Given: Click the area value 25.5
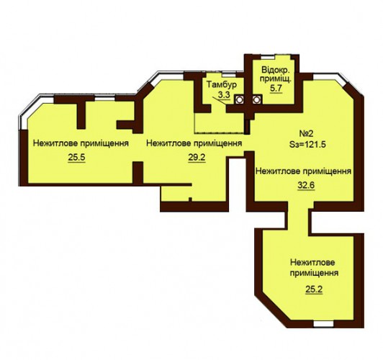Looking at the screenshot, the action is pos(77,158).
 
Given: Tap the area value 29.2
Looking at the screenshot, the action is pos(197,158).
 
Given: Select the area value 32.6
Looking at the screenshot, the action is pos(306,185).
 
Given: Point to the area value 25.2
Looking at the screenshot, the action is pos(314,289).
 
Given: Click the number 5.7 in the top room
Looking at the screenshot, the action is pos(276,88).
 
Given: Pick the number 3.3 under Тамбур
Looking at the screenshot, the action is pos(224,94).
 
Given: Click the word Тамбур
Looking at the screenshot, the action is pos(222,84).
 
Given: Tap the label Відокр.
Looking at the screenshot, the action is pos(276,70).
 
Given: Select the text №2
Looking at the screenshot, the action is pos(306,134).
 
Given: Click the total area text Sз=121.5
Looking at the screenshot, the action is pos(308,144).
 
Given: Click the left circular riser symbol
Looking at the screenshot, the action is pos(239,99).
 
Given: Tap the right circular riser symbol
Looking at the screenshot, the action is pos(256,99).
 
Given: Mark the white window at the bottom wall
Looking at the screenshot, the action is pos(323,324).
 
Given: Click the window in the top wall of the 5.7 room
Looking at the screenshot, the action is pos(268,58).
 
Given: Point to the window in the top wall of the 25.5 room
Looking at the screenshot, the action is pos(105,99).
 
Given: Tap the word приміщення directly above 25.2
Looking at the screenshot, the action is pos(314,273).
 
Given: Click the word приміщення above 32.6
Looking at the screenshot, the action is pos(327,171).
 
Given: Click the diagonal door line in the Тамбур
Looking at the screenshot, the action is pos(220,101).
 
